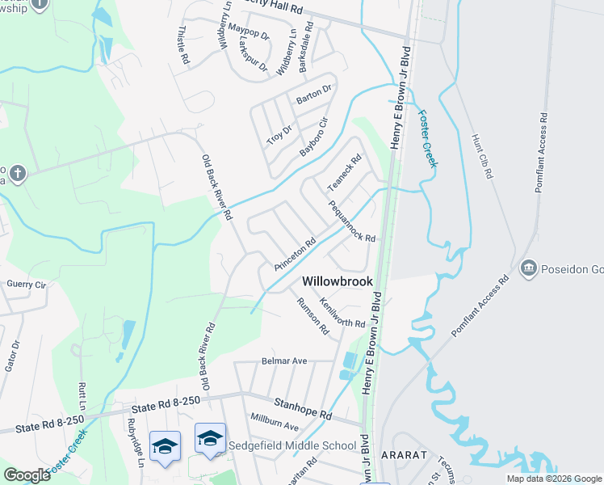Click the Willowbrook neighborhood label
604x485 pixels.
pyautogui.click(x=338, y=281)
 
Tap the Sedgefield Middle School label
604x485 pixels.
pyautogui.click(x=292, y=445)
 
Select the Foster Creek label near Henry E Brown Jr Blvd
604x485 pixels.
pyautogui.click(x=427, y=137)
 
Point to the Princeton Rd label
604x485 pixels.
pyautogui.click(x=294, y=255)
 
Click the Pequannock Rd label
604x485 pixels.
pyautogui.click(x=352, y=221)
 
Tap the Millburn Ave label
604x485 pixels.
pyautogui.click(x=275, y=425)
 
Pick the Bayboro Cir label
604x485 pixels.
pyautogui.click(x=315, y=137)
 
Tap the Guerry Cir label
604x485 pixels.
pyautogui.click(x=27, y=285)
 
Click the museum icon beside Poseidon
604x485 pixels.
pyautogui.click(x=530, y=268)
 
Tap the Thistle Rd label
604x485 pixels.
pyautogui.click(x=182, y=44)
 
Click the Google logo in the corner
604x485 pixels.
pyautogui.click(x=27, y=475)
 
